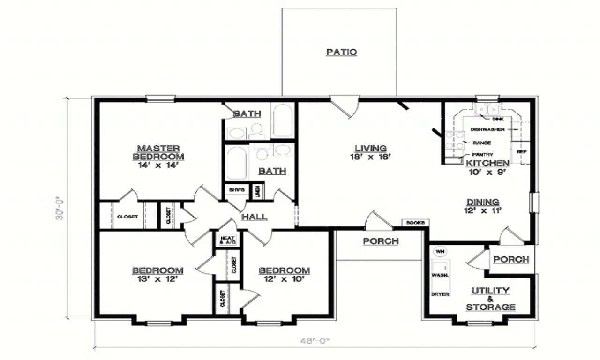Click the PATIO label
[341, 52]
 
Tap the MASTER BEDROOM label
[158, 152]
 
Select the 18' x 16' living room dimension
[370, 157]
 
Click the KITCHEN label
[487, 163]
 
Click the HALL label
[255, 217]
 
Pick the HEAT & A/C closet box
[227, 239]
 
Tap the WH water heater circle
[440, 252]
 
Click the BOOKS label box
[415, 223]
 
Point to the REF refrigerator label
[520, 152]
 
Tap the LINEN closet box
[257, 191]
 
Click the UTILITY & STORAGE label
[490, 299]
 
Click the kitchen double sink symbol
[487, 110]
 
